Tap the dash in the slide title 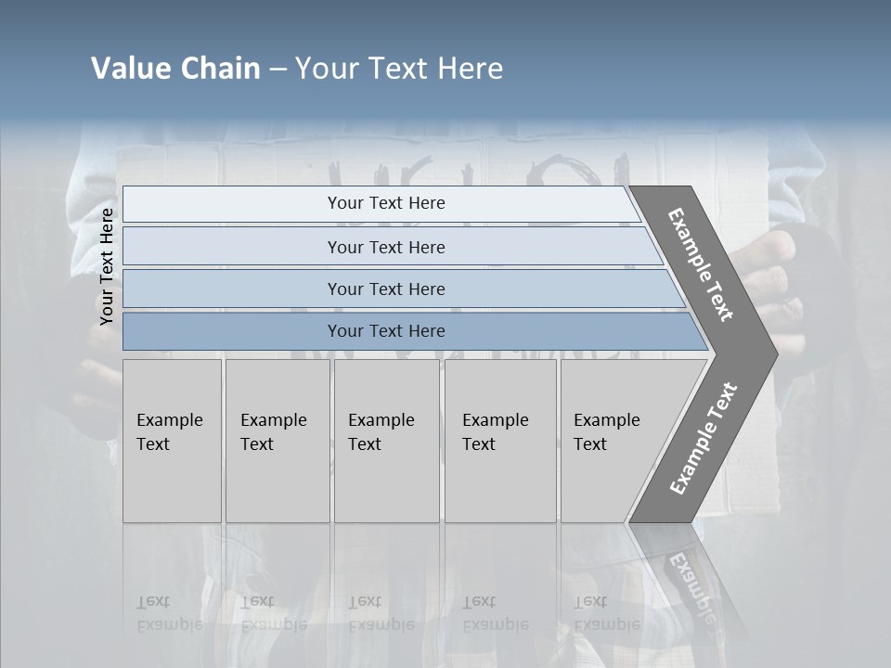point(278,70)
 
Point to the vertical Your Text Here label point(107,266)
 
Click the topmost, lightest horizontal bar point(385,204)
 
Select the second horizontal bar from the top point(385,247)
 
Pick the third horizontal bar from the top point(385,289)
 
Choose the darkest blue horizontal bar point(385,331)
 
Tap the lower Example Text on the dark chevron point(703,439)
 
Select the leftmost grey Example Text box point(172,441)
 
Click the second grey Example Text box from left point(278,441)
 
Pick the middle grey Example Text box point(386,441)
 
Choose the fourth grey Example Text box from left point(500,441)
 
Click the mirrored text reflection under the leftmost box point(169,613)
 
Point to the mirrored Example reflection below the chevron point(691,589)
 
